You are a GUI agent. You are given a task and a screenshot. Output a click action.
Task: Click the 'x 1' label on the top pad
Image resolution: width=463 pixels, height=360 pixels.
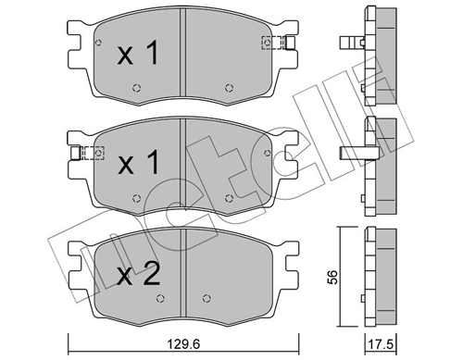point(139,54)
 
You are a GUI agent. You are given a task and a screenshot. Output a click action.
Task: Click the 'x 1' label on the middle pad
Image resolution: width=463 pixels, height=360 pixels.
point(139,166)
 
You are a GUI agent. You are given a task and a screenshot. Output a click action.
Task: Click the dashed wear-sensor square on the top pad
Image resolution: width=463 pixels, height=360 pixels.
point(271,42)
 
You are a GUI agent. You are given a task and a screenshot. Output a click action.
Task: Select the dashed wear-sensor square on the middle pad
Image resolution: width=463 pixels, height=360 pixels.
point(91,153)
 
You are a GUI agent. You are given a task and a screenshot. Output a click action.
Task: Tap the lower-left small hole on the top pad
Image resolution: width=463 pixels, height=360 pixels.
point(136,89)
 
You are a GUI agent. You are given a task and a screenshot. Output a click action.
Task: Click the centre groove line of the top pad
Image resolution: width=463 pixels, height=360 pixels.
point(183,56)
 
